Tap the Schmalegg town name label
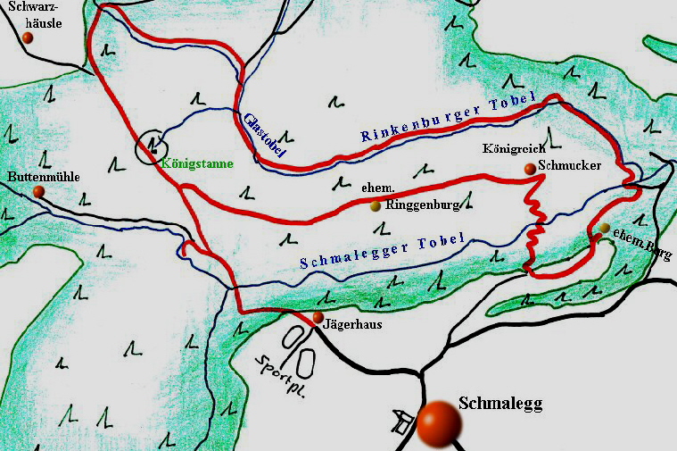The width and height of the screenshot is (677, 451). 499,404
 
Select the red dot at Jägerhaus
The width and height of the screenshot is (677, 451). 318,317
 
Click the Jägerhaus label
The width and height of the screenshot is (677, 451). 355,325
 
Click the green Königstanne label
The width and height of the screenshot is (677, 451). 197,163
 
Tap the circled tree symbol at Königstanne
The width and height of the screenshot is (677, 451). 153,145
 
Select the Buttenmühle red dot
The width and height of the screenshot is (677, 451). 38,192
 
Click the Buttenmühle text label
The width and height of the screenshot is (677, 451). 44,177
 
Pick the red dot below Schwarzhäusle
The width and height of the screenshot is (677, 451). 28,38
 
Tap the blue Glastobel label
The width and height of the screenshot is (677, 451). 264,136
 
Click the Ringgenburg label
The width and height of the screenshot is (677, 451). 422,205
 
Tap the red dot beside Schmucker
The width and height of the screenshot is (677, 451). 530,168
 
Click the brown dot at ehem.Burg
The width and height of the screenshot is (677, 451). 605,229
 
